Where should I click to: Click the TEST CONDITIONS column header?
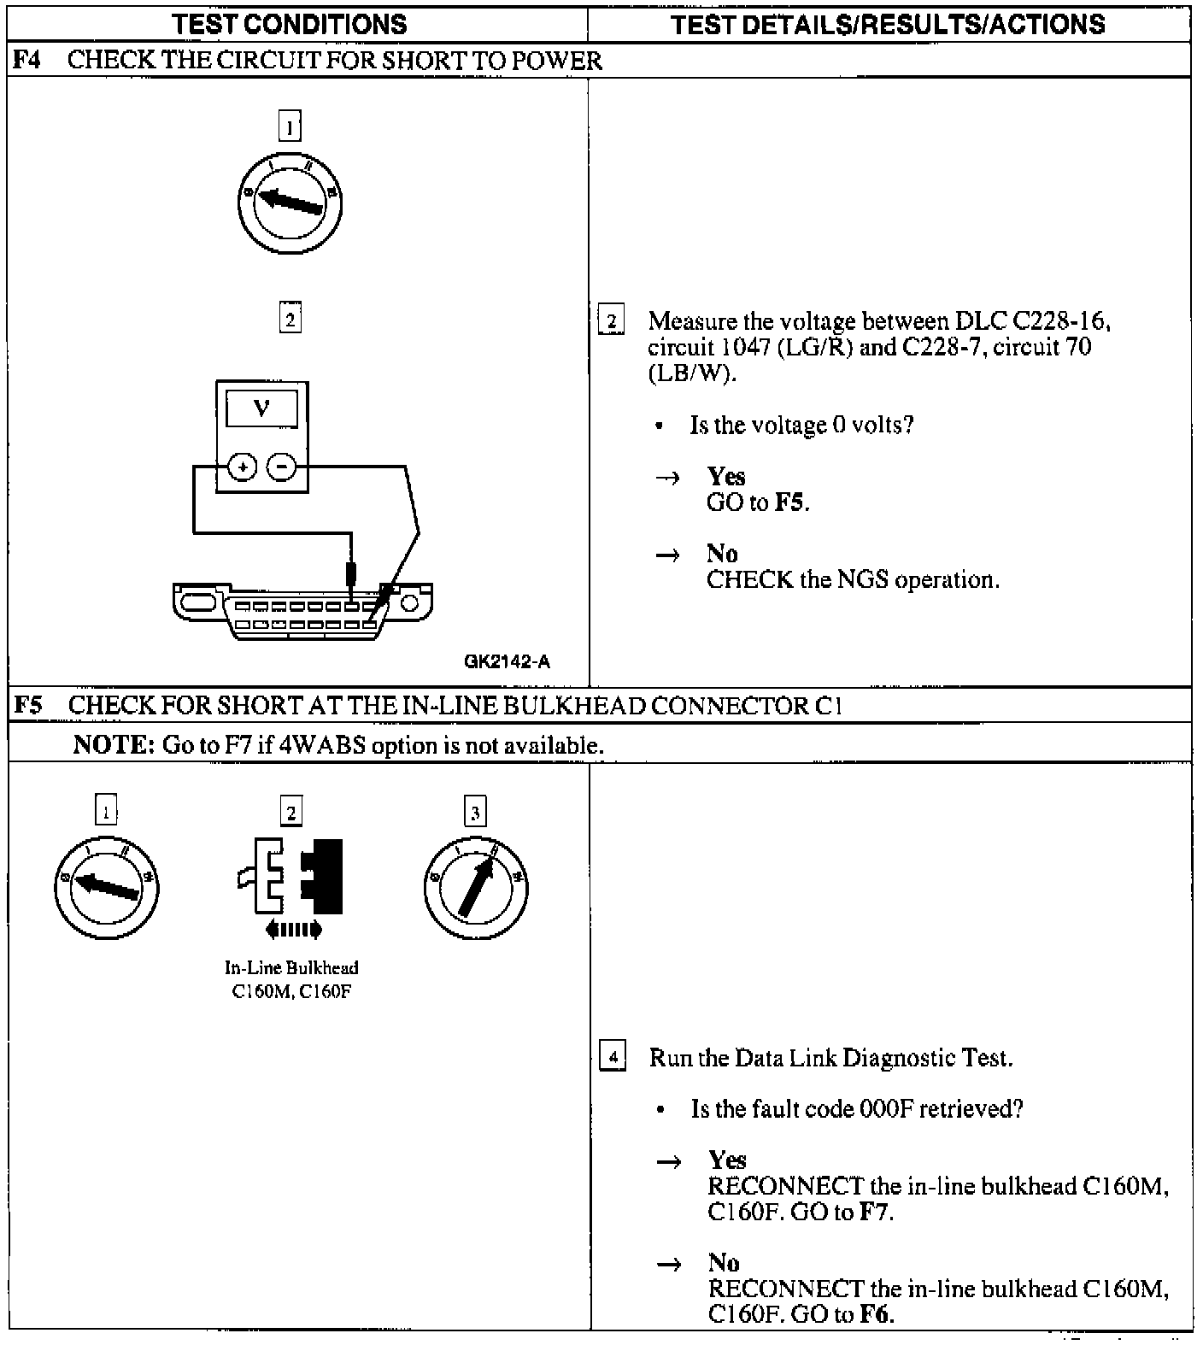290,24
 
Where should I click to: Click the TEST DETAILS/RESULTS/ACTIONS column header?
889,24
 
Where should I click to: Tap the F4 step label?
26,60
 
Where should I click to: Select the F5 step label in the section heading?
27,705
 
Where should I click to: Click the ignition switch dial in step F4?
290,202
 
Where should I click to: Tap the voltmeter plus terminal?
244,467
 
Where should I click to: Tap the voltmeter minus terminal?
282,467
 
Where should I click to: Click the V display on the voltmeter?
262,408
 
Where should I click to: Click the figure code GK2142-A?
508,661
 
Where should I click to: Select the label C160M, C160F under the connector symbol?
291,991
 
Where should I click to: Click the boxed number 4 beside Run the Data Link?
613,1057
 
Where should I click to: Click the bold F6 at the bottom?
876,1314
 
